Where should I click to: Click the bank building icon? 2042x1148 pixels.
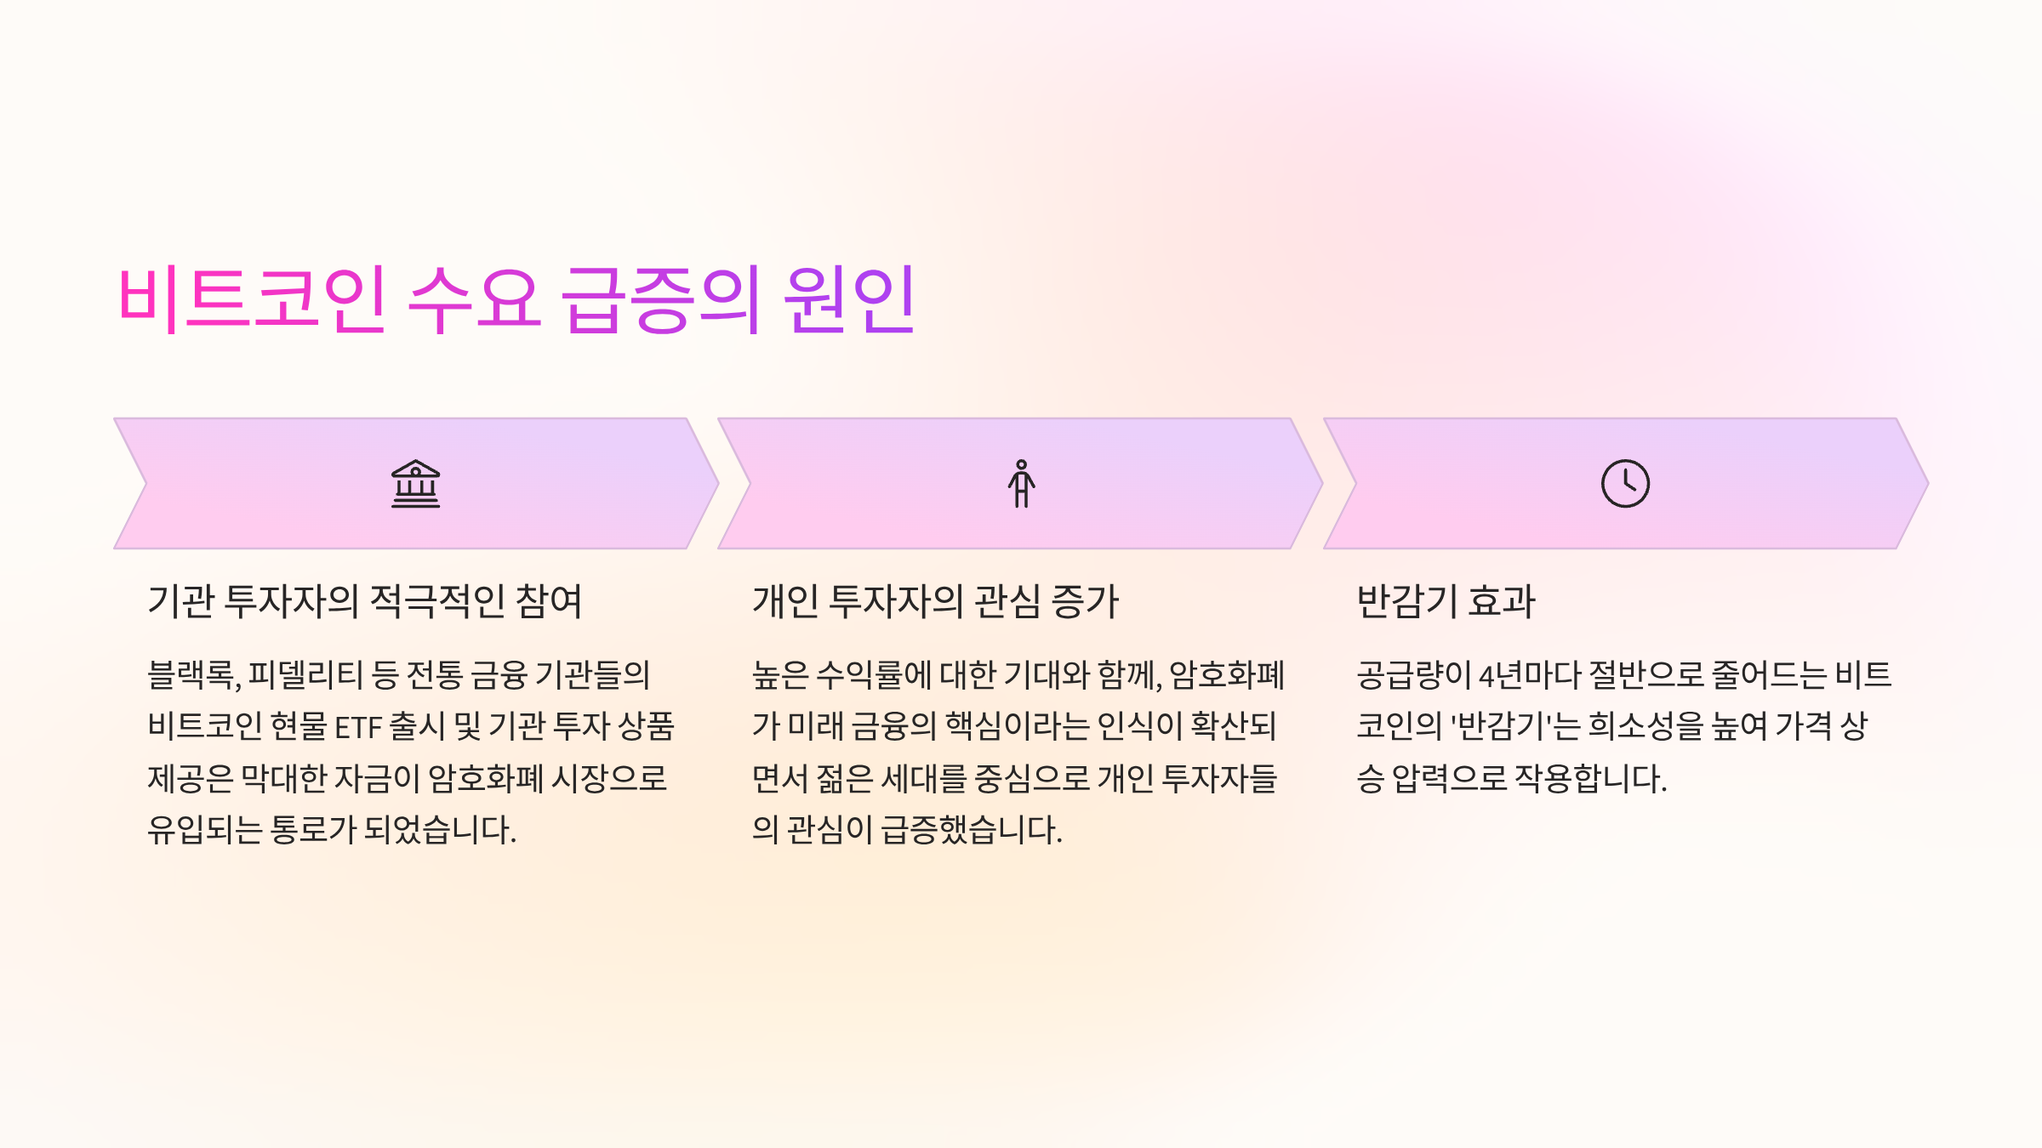pyautogui.click(x=415, y=484)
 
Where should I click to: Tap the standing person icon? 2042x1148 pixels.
pyautogui.click(x=1021, y=484)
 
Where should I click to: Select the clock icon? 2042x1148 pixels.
pyautogui.click(x=1625, y=484)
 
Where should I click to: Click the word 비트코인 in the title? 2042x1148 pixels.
pyautogui.click(x=253, y=298)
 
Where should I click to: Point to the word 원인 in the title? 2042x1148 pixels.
pyautogui.click(x=849, y=298)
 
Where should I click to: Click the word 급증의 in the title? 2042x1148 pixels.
pyautogui.click(x=661, y=298)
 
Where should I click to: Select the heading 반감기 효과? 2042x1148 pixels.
pyautogui.click(x=1446, y=601)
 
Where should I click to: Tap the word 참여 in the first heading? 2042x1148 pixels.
pyautogui.click(x=549, y=601)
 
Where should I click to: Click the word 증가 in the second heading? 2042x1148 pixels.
pyautogui.click(x=1085, y=601)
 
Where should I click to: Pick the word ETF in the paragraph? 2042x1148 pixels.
pyautogui.click(x=357, y=727)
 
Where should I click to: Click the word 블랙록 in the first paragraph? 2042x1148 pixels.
pyautogui.click(x=193, y=675)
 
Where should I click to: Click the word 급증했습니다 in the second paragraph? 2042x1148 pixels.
pyautogui.click(x=971, y=830)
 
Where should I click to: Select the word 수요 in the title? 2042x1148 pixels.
pyautogui.click(x=474, y=298)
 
